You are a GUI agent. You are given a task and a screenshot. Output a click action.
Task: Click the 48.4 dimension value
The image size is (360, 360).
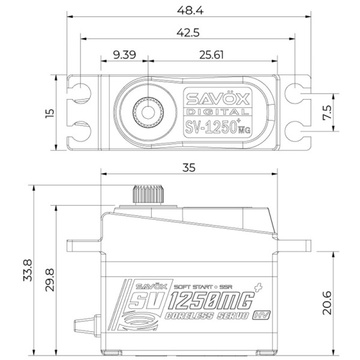(x=190, y=11)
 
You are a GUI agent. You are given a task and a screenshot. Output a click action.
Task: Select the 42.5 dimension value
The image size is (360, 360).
(x=188, y=33)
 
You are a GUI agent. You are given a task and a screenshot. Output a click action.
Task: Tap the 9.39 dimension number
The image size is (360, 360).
(x=125, y=55)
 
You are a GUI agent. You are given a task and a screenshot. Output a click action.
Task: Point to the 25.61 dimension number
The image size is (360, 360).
(x=211, y=55)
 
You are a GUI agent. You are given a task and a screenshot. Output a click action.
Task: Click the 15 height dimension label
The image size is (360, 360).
(x=50, y=113)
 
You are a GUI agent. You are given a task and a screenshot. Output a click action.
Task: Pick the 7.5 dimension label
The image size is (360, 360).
(x=327, y=113)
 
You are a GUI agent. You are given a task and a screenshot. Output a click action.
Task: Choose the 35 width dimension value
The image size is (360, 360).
(x=189, y=168)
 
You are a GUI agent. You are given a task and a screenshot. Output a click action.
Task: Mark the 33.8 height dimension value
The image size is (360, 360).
(x=28, y=270)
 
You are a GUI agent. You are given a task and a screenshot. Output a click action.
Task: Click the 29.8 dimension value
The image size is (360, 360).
(x=50, y=280)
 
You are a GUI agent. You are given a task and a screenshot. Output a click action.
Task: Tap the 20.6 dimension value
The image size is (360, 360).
(x=327, y=303)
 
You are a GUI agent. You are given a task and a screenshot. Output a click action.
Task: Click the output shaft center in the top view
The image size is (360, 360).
(x=148, y=112)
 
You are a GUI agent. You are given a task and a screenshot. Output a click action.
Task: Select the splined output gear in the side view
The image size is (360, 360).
(x=148, y=194)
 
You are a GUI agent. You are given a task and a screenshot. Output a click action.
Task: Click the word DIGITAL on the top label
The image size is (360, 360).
(x=217, y=112)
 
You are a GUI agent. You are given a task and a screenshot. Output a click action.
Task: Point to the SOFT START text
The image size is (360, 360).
(x=193, y=287)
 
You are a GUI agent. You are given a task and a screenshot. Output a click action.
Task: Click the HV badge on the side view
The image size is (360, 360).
(x=261, y=315)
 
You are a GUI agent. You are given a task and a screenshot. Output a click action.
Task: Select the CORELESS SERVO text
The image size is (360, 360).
(x=207, y=316)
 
